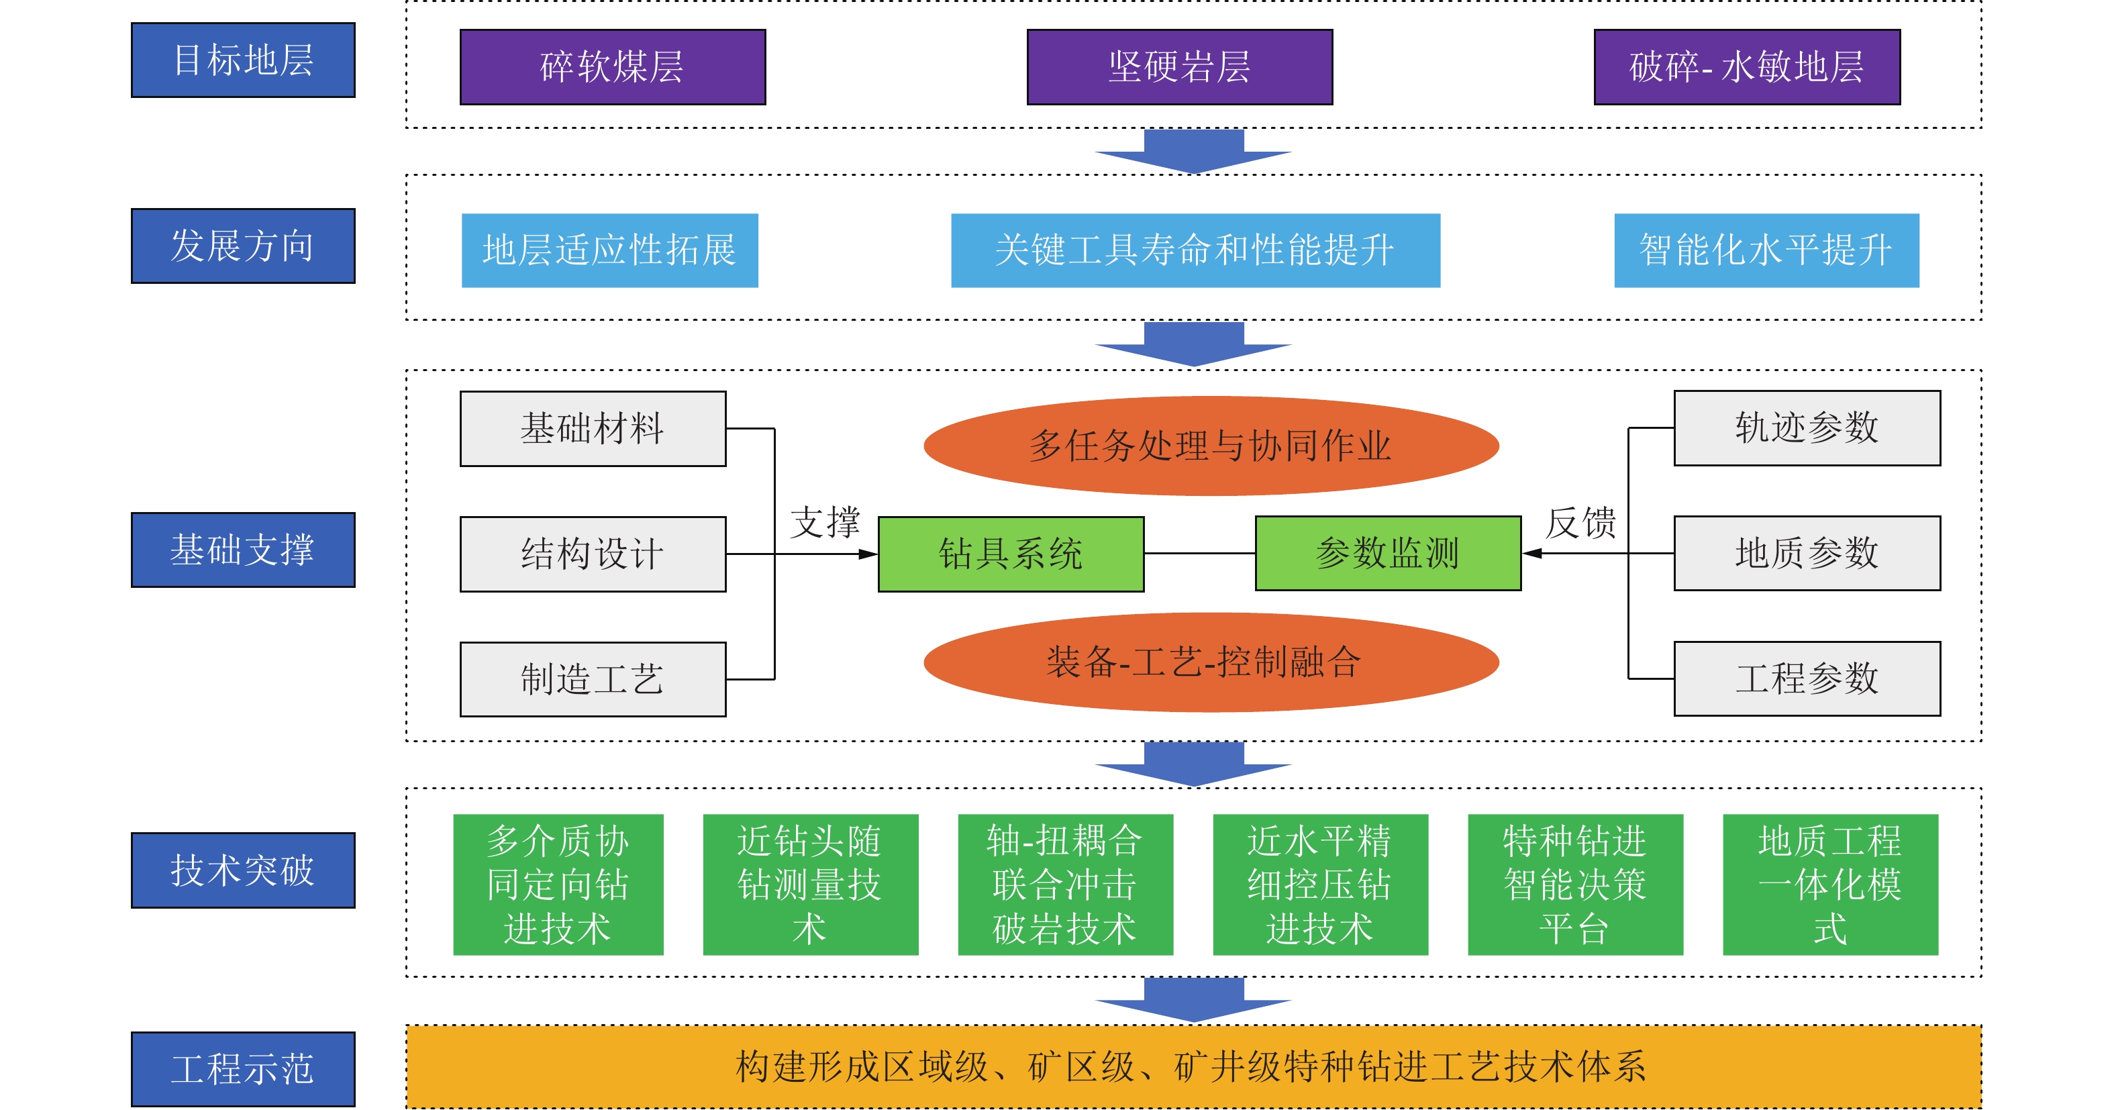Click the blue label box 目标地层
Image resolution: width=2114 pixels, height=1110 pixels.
click(x=243, y=60)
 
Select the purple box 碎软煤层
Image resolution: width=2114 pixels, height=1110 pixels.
click(x=612, y=66)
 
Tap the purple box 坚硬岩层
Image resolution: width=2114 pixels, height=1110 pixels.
click(x=1179, y=66)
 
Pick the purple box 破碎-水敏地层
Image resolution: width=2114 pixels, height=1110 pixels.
click(x=1746, y=66)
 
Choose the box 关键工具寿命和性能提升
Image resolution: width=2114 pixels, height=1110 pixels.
click(x=1195, y=250)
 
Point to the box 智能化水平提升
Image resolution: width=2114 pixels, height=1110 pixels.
click(x=1766, y=250)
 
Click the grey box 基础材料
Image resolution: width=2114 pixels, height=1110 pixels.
click(x=593, y=428)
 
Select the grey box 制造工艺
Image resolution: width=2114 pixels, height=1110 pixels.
click(x=593, y=679)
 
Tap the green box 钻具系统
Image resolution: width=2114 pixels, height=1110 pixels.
click(x=1011, y=554)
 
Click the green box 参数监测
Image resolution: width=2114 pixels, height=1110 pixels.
click(x=1388, y=553)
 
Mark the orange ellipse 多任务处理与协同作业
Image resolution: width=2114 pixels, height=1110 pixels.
click(x=1211, y=446)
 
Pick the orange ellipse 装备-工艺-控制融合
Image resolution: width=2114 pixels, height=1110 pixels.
click(x=1211, y=662)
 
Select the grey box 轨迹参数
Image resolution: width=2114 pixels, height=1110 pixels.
click(x=1807, y=428)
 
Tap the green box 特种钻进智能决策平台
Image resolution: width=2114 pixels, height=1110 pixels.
click(x=1575, y=885)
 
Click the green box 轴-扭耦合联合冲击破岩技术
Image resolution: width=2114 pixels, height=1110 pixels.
click(x=1065, y=885)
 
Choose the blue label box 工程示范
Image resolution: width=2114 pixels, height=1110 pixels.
click(x=243, y=1069)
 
